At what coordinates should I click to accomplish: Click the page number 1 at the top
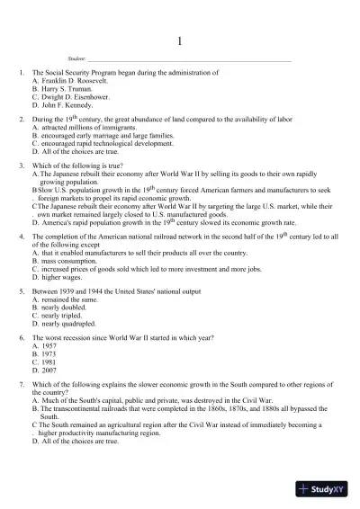(x=180, y=40)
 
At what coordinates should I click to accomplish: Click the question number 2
(x=22, y=120)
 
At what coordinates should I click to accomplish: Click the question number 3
(x=22, y=166)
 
